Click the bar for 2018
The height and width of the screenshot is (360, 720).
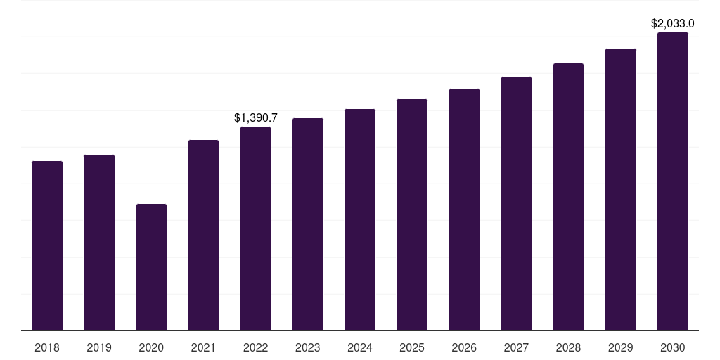[47, 245]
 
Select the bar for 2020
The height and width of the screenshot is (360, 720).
[151, 267]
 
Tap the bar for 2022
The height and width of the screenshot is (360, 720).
[255, 229]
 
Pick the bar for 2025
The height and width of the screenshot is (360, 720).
[412, 214]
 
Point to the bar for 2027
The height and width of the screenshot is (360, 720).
[516, 203]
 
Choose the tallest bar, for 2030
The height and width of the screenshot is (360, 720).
[673, 181]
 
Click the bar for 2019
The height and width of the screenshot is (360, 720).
[99, 243]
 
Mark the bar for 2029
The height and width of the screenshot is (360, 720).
[621, 189]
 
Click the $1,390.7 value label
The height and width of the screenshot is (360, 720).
[256, 118]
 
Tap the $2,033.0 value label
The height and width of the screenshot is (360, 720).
[673, 24]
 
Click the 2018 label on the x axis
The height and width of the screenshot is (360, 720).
[47, 347]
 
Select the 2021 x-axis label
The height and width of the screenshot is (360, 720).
[203, 347]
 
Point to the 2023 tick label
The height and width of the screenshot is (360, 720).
[308, 347]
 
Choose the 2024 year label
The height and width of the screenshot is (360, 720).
[360, 347]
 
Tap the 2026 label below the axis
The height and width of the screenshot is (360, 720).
[464, 347]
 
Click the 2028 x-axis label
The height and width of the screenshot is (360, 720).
[568, 347]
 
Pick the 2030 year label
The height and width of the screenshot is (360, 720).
[673, 347]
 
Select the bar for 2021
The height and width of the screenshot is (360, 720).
[203, 235]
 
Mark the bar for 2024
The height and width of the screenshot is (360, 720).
[360, 219]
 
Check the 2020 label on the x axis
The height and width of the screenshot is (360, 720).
[151, 347]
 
